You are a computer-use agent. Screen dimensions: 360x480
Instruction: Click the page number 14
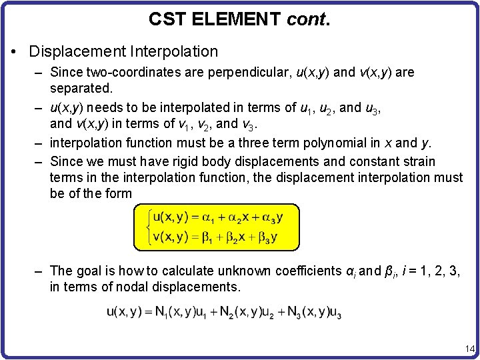[x=469, y=348]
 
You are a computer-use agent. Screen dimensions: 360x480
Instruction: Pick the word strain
[x=418, y=161]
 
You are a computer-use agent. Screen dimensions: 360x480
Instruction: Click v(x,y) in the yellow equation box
[x=169, y=237]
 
